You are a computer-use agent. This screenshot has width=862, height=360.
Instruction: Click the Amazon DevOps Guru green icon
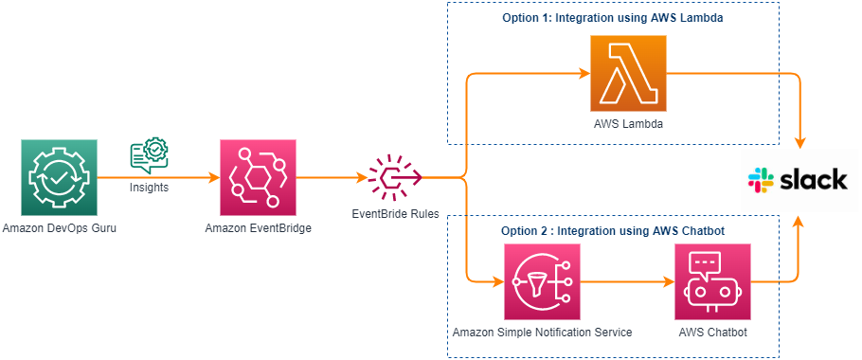click(x=59, y=177)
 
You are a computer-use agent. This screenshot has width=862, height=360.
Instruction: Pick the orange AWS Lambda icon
click(x=628, y=73)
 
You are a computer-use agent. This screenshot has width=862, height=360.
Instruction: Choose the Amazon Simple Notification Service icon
click(x=542, y=281)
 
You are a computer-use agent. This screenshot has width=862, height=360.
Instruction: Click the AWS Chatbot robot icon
click(x=712, y=281)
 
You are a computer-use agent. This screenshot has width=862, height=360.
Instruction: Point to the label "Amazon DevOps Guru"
click(x=59, y=228)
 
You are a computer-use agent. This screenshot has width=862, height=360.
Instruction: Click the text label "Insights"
click(x=150, y=188)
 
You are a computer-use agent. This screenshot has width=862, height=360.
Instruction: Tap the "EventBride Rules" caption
click(x=395, y=214)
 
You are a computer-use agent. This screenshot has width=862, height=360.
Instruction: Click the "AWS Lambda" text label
click(x=628, y=124)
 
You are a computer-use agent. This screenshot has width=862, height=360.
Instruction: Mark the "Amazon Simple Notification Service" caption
click(x=542, y=333)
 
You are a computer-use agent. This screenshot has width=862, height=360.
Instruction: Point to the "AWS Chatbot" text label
click(x=712, y=333)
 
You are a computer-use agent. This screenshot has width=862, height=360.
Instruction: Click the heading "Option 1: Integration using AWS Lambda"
click(x=612, y=18)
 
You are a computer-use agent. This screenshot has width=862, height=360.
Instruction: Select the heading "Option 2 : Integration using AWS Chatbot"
click(x=612, y=230)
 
